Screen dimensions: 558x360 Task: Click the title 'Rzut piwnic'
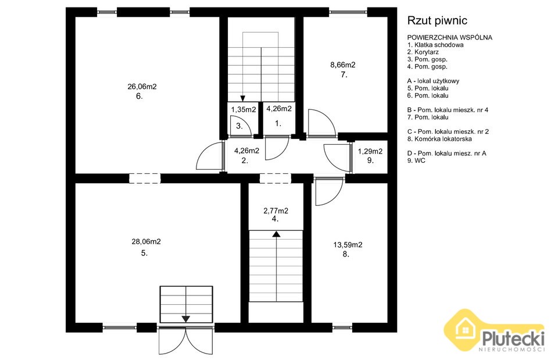click(x=437, y=21)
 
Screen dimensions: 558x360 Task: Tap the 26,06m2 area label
click(x=142, y=87)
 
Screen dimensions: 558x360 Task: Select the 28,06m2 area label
click(x=146, y=242)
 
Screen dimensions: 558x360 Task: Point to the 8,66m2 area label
click(x=343, y=65)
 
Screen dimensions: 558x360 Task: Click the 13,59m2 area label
click(x=348, y=245)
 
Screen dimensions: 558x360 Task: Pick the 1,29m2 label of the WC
click(x=370, y=151)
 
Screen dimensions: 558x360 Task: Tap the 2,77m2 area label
click(x=276, y=211)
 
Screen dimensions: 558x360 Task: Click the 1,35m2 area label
click(x=244, y=110)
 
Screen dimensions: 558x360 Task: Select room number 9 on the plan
click(x=370, y=161)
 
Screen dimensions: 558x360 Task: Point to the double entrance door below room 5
click(x=186, y=341)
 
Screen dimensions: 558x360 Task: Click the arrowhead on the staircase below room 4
click(x=277, y=234)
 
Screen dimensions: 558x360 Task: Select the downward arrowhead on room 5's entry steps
click(x=186, y=319)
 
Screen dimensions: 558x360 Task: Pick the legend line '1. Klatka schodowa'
click(x=435, y=45)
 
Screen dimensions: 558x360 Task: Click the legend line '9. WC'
click(x=416, y=161)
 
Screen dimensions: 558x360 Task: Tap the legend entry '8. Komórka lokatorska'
click(x=439, y=139)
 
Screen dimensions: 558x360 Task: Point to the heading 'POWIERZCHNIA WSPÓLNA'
click(x=450, y=37)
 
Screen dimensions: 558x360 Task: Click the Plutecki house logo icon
click(x=463, y=330)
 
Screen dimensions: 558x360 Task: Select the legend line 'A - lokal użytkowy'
click(x=434, y=81)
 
